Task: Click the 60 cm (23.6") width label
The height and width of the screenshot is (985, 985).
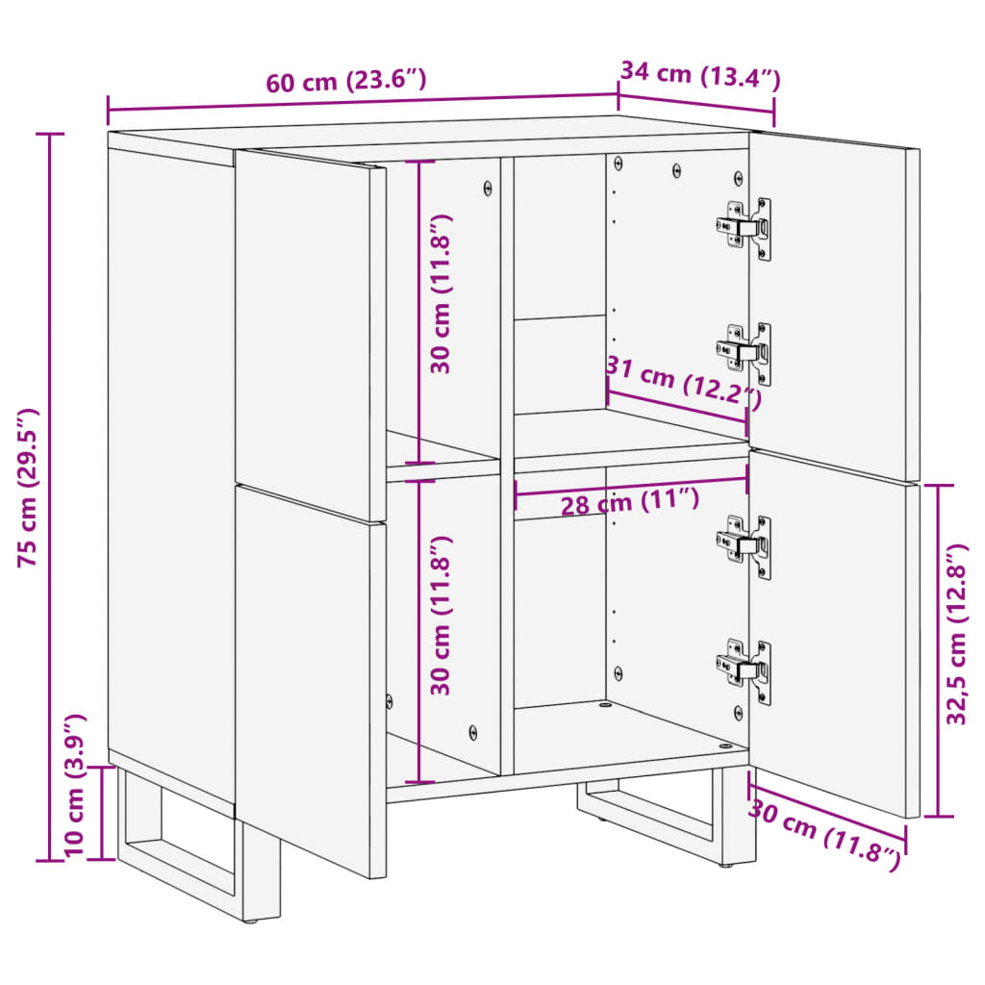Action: pos(346,81)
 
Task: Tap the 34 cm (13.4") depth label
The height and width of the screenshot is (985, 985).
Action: pos(699,74)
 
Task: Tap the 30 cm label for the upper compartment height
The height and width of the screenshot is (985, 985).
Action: pos(442,293)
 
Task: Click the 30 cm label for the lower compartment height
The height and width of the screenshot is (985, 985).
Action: pos(442,616)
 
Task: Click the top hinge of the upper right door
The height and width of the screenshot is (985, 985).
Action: pos(745,228)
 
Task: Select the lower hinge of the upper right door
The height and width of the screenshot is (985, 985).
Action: pos(745,352)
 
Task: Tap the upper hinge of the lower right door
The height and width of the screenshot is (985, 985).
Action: pos(745,545)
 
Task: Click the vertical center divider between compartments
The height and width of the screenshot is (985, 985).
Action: pos(507,462)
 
